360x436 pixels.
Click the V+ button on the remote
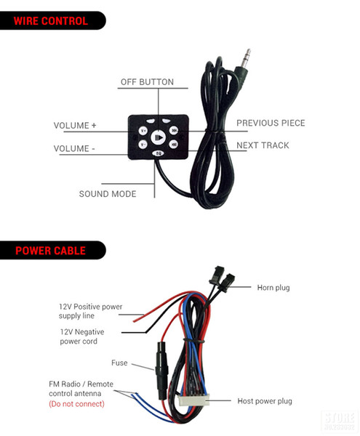click(143, 130)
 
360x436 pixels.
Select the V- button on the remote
click(143, 145)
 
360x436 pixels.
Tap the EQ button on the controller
click(158, 153)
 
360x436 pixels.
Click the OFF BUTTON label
click(147, 82)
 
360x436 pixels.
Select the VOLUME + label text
click(75, 126)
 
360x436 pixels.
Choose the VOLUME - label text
click(74, 148)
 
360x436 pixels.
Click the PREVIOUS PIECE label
click(271, 123)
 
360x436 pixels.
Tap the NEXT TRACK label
click(263, 145)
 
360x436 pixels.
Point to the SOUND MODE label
click(108, 194)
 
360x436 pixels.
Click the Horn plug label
click(273, 288)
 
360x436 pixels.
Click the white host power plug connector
click(193, 400)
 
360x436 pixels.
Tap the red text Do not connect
click(76, 404)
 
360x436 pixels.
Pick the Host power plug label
click(265, 401)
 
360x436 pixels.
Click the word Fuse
click(119, 363)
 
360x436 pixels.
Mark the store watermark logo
click(340, 421)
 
